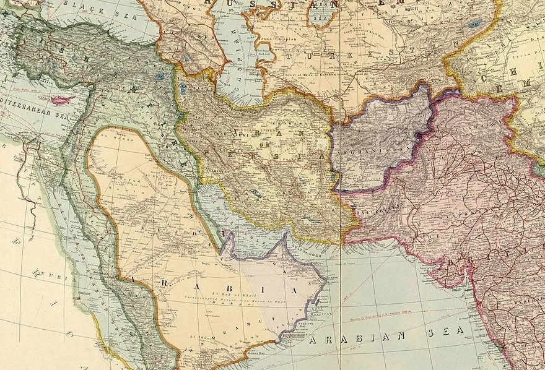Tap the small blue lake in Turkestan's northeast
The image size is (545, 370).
point(476,25)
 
